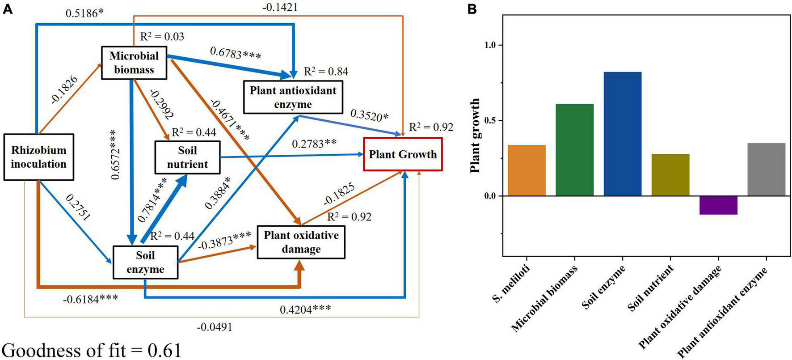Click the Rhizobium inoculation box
38,157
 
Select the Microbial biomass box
134,63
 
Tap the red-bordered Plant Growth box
403,155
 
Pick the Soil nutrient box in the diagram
187,157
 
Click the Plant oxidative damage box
301,242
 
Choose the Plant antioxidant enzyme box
293,97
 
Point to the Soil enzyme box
145,263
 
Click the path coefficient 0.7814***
152,200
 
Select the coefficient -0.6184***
91,297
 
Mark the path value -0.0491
215,327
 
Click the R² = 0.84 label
326,72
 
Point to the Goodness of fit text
92,350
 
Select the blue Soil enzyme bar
622,134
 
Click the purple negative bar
718,205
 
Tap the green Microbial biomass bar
574,150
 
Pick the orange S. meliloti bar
527,170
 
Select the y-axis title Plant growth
476,136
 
